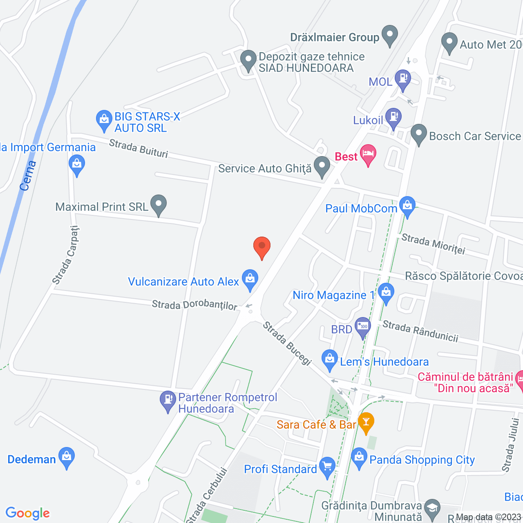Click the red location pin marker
[262, 246]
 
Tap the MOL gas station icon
[403, 78]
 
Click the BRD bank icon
[362, 326]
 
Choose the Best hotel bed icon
[368, 154]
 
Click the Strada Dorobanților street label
[194, 305]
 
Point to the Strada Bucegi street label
[287, 343]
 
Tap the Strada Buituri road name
[139, 148]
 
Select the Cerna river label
[28, 176]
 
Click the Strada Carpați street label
[65, 255]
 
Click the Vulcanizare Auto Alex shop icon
[250, 279]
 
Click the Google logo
[28, 513]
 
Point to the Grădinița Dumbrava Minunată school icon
[432, 508]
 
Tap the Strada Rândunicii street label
[420, 331]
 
